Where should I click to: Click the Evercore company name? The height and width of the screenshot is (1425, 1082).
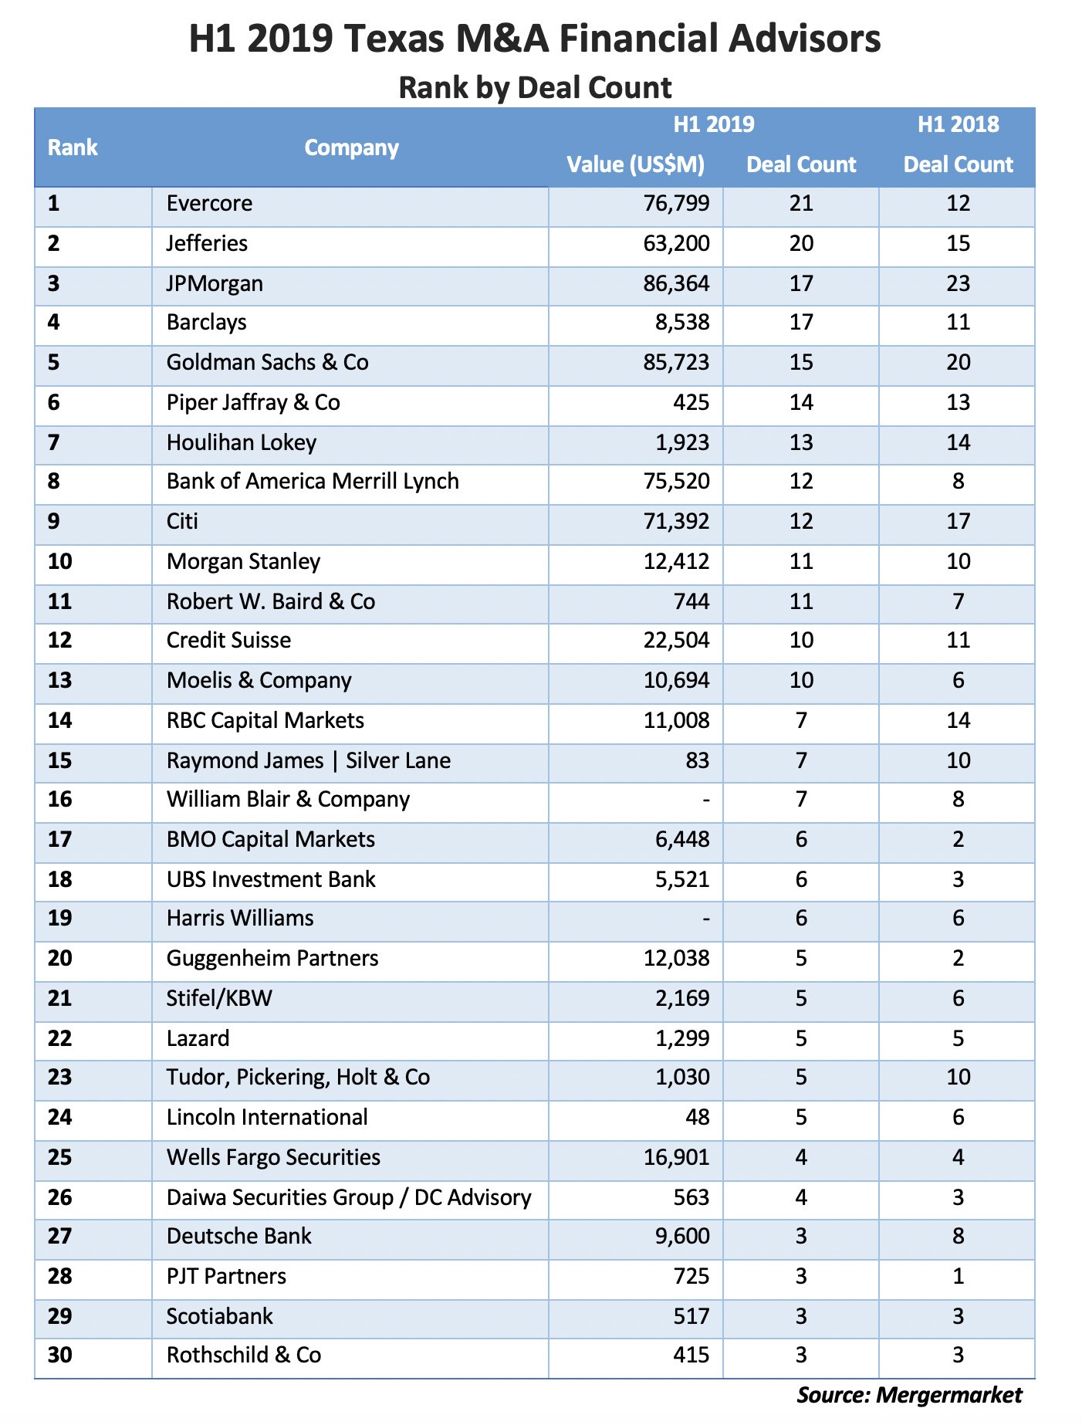pyautogui.click(x=209, y=204)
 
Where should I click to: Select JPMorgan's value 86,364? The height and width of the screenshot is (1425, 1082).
pyautogui.click(x=677, y=283)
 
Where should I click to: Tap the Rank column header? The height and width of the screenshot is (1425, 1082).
pyautogui.click(x=73, y=147)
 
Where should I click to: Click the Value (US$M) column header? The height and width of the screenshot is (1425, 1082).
pyautogui.click(x=635, y=164)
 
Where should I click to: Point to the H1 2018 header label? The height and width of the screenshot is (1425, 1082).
pyautogui.click(x=958, y=124)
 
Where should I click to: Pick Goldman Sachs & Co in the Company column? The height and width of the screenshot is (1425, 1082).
pyautogui.click(x=267, y=363)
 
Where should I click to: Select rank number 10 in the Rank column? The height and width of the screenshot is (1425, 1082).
pyautogui.click(x=60, y=561)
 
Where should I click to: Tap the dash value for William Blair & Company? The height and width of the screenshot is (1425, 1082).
pyautogui.click(x=706, y=800)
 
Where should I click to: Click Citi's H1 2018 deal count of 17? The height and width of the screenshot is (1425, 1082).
pyautogui.click(x=958, y=522)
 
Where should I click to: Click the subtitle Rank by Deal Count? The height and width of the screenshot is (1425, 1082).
pyautogui.click(x=535, y=87)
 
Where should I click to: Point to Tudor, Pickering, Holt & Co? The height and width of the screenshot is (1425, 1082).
pyautogui.click(x=298, y=1078)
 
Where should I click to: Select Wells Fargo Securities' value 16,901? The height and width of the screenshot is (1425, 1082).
pyautogui.click(x=677, y=1158)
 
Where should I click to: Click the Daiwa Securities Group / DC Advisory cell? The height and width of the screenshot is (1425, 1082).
pyautogui.click(x=349, y=1197)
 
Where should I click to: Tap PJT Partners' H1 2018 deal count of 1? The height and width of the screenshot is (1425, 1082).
pyautogui.click(x=958, y=1277)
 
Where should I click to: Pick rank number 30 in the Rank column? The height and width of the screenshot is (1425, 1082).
pyautogui.click(x=60, y=1356)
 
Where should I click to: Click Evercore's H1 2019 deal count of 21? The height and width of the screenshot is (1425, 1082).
pyautogui.click(x=801, y=204)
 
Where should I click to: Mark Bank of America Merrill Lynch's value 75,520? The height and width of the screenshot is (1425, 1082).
pyautogui.click(x=677, y=482)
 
